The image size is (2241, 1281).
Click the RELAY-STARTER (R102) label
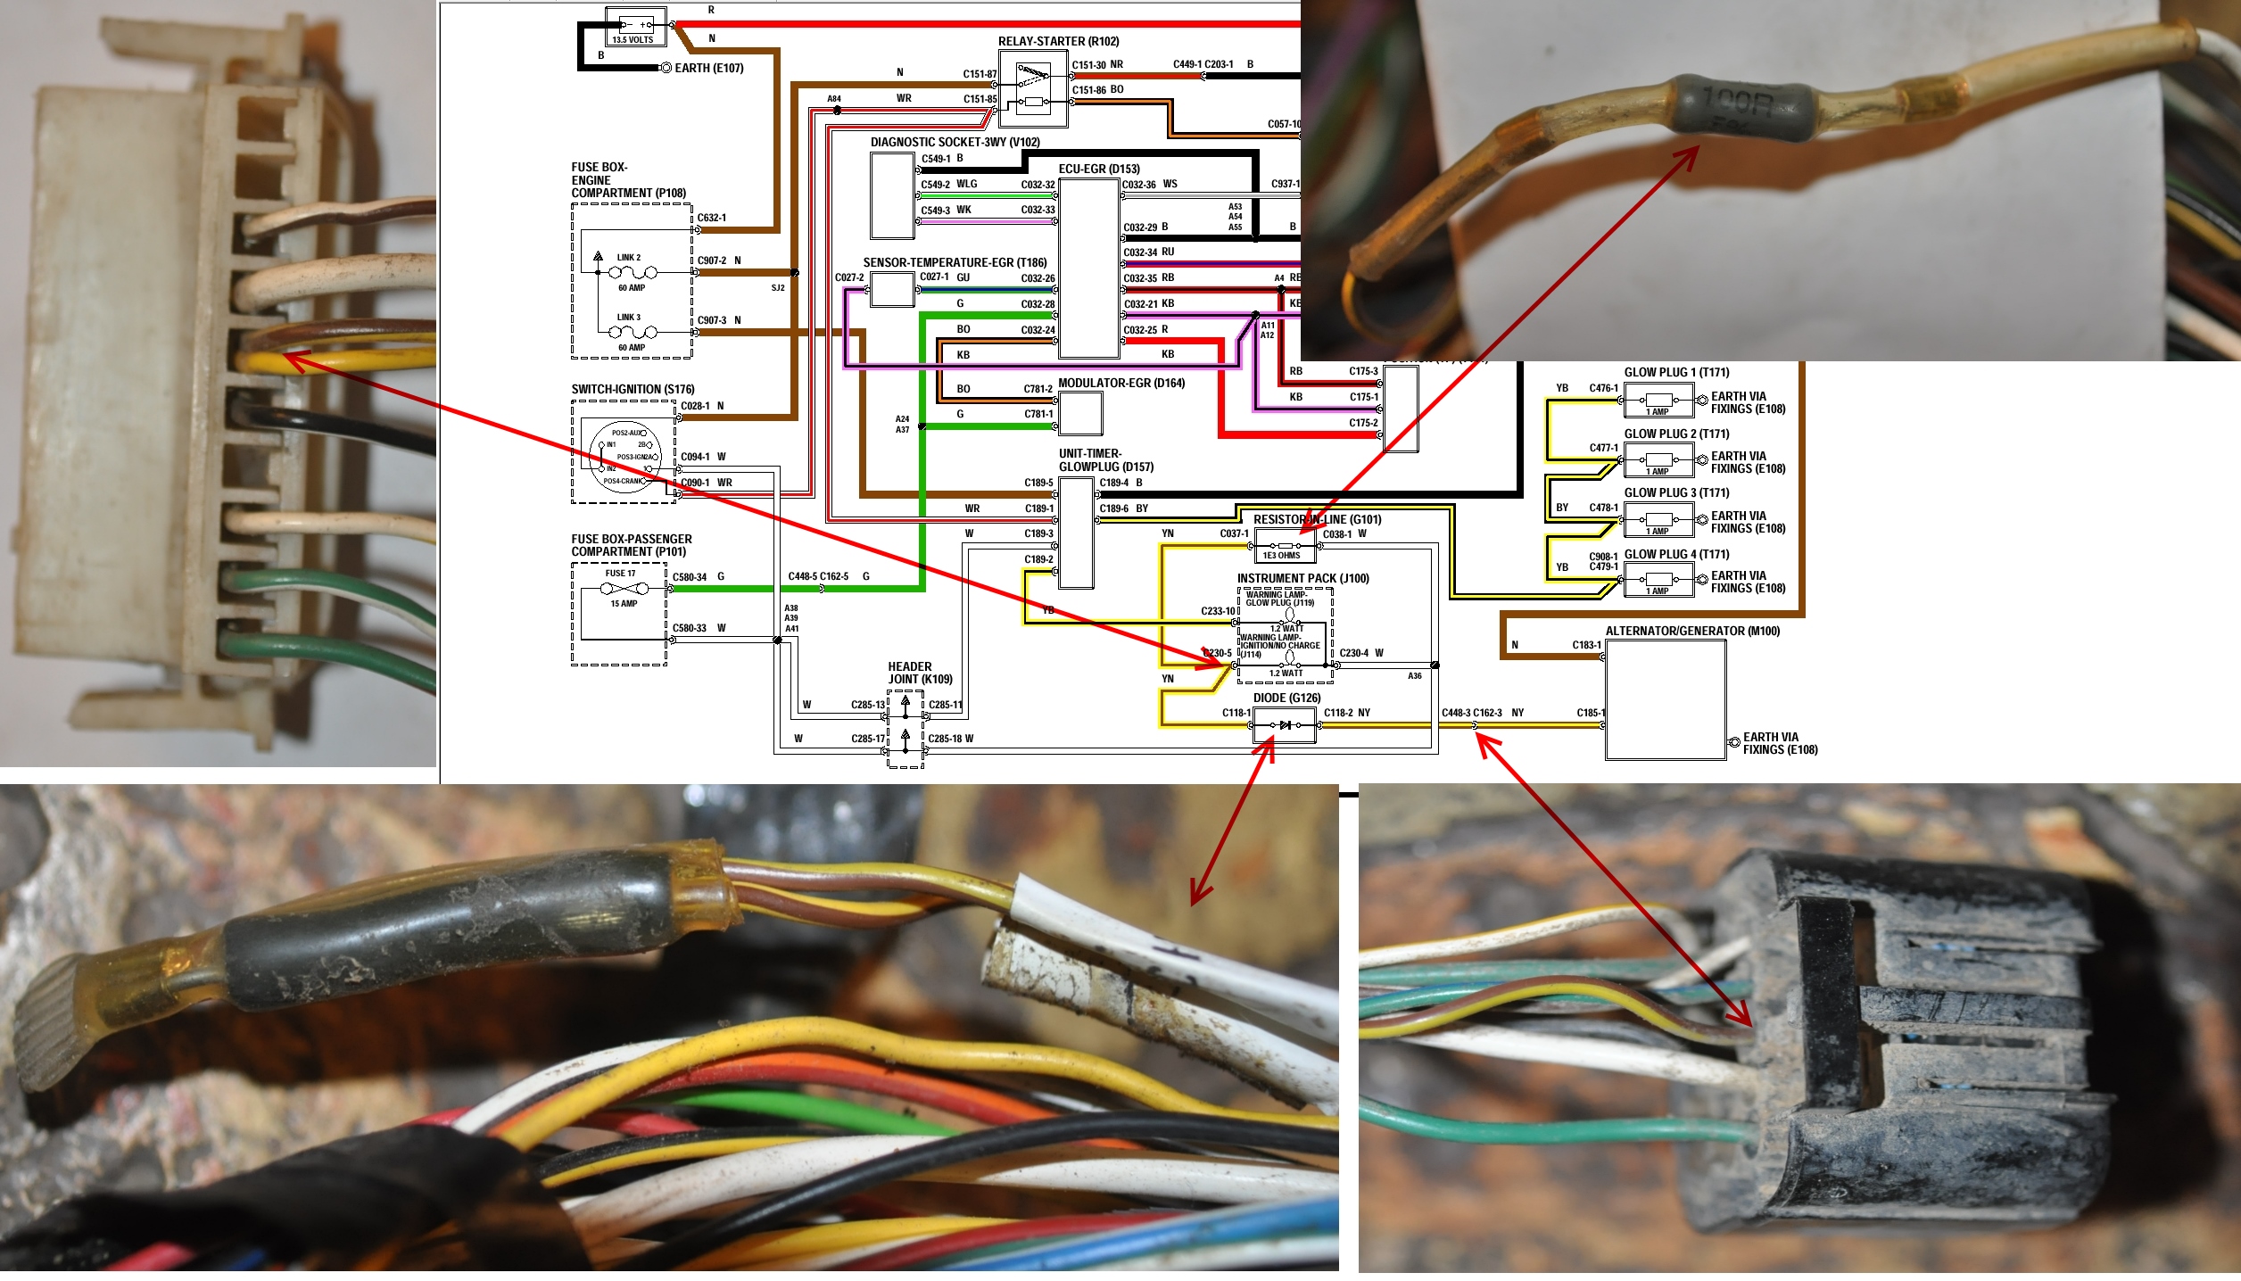[1058, 41]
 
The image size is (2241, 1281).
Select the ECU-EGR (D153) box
[1088, 268]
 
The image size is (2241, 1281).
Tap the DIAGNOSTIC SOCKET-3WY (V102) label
[955, 142]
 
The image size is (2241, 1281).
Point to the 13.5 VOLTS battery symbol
[633, 27]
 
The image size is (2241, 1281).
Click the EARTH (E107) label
[708, 68]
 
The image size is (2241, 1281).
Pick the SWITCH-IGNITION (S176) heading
[633, 389]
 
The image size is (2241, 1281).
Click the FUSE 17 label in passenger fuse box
[621, 573]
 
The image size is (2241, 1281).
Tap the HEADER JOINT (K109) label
[920, 673]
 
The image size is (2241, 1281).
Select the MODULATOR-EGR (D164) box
[1080, 414]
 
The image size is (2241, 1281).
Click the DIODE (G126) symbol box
[1285, 725]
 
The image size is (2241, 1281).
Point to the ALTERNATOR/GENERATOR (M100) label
[1691, 631]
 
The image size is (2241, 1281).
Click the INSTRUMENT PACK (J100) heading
[1302, 578]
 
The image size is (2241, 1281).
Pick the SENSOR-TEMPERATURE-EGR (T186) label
[955, 262]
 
